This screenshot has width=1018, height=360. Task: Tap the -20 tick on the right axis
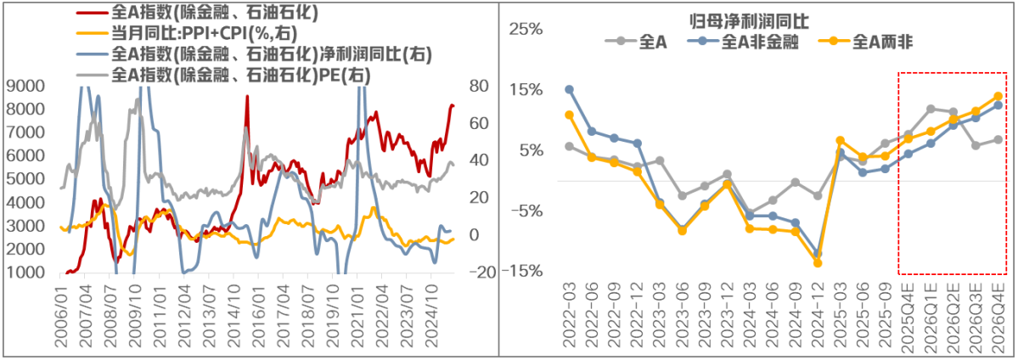pos(481,273)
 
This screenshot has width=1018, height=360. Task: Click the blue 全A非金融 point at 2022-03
pos(569,89)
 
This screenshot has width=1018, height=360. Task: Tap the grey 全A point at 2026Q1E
pos(931,109)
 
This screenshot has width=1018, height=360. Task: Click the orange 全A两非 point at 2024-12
pos(818,263)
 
